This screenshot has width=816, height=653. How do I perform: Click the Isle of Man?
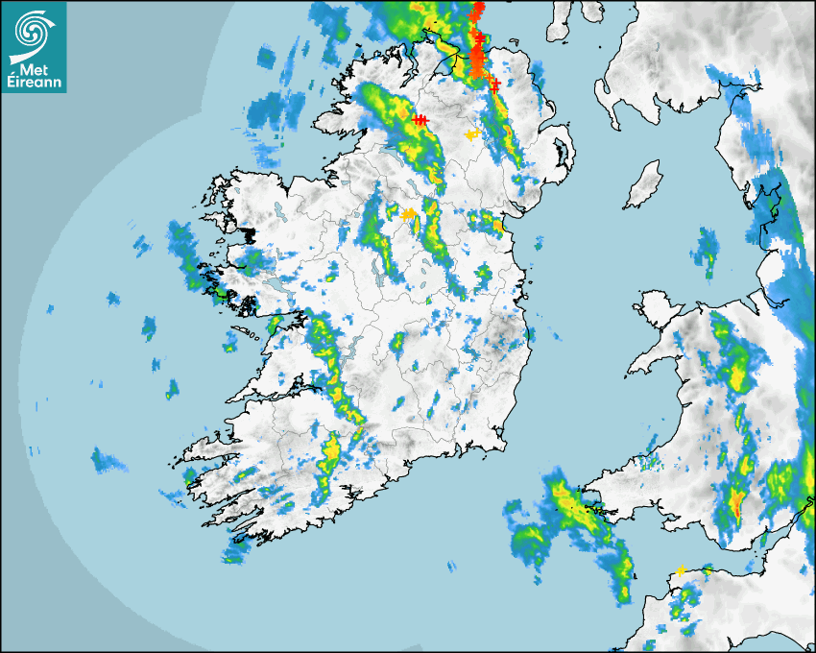coord(642,184)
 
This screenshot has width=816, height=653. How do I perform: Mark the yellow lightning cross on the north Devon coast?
coord(681,570)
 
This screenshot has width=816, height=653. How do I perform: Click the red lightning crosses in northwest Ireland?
coord(420,119)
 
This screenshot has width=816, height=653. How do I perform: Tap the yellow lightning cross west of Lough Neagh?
coord(470,135)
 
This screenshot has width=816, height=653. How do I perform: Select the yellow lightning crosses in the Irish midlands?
coord(409,213)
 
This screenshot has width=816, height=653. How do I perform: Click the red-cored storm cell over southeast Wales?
coord(737,502)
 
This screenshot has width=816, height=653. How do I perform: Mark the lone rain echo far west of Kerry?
coord(108,461)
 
